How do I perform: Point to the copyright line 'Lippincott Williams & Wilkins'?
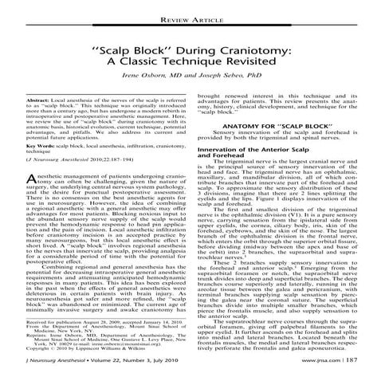107,349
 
